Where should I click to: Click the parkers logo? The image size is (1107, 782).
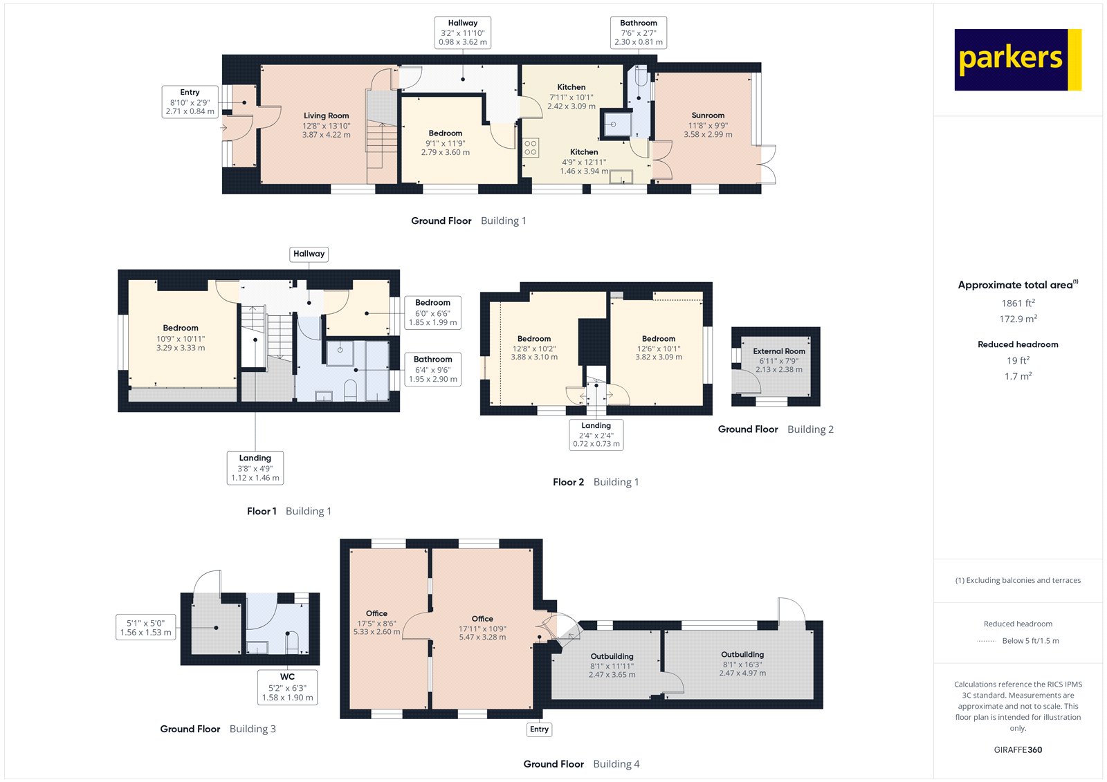pos(1017,59)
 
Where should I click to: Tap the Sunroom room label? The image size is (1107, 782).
pos(708,116)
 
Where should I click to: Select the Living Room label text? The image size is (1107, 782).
pos(326,116)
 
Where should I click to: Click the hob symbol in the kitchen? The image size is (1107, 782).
pos(531,148)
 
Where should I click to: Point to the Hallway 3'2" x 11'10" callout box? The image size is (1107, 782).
pos(463,32)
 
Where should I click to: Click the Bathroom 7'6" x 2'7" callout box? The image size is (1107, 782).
pos(638,32)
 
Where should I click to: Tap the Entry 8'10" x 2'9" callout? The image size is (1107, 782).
pos(190,102)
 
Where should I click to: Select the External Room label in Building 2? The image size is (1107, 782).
pos(779,351)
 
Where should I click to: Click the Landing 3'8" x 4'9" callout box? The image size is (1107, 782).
pos(255,468)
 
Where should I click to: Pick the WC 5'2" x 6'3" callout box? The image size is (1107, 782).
pos(287,687)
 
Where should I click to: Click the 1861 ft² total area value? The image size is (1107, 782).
pos(1018,303)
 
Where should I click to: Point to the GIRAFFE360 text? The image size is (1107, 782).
pos(1018,750)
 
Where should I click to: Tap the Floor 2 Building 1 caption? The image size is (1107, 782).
pos(596,482)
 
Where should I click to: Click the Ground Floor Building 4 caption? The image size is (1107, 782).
pos(581,764)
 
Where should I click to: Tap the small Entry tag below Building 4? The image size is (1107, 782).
pos(539,729)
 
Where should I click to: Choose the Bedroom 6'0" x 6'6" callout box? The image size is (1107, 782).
pos(432,313)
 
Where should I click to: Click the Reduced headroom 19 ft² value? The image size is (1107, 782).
pos(1018,360)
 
